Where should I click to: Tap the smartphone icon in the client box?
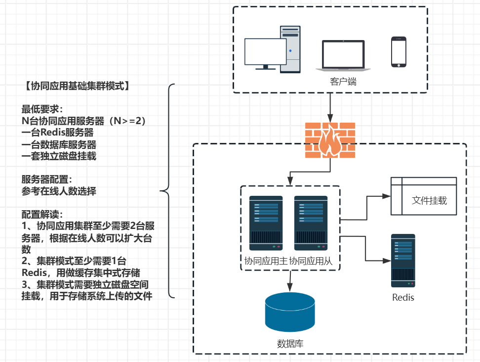click(399, 51)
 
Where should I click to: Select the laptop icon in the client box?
click(343, 55)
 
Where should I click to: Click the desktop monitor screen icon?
click(265, 52)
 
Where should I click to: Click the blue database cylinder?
click(290, 313)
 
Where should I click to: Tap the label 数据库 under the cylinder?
click(290, 344)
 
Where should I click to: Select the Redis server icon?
click(403, 261)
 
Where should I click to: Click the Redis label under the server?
click(403, 297)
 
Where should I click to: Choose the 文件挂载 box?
click(424, 196)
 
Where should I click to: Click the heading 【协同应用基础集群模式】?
click(77, 86)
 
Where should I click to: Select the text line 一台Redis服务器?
click(58, 133)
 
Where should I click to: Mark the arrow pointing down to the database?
click(290, 281)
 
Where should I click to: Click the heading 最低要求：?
click(42, 109)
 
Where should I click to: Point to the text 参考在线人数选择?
click(59, 191)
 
